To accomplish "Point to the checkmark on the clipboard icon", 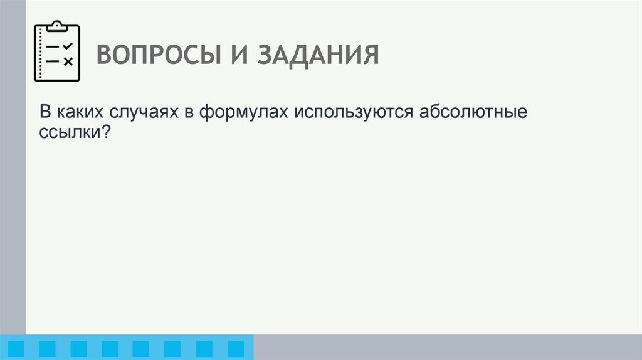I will pyautogui.click(x=68, y=46).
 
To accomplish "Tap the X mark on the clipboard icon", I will pyautogui.click(x=68, y=61).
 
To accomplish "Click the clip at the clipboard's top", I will pyautogui.click(x=57, y=26).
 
